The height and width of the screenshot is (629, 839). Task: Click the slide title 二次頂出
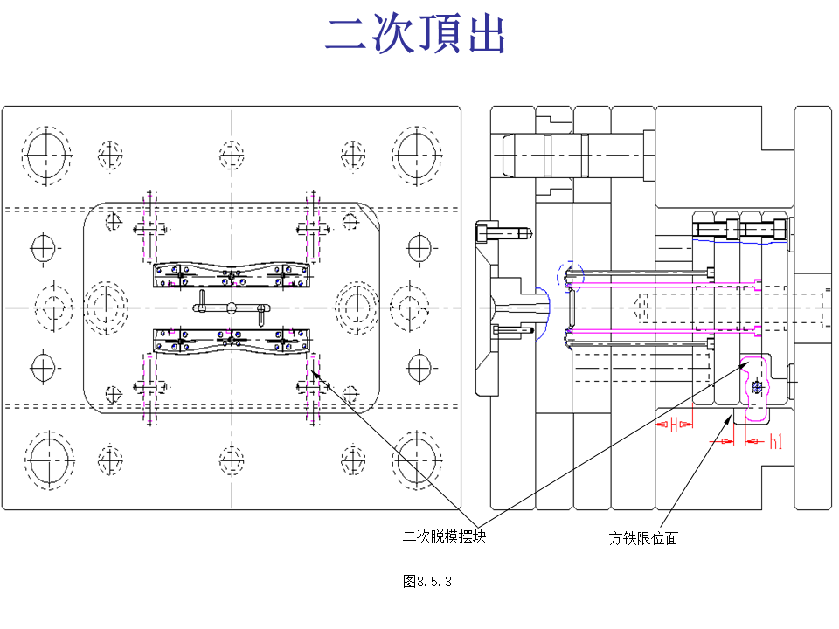pos(416,37)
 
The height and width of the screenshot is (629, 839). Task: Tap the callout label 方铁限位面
pos(643,539)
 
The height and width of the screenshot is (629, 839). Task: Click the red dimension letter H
pos(674,425)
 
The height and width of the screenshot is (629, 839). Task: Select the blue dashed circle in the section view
pos(568,275)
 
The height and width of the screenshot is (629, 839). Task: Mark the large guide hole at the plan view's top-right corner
pos(416,155)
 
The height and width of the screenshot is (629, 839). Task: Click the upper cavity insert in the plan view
pos(232,275)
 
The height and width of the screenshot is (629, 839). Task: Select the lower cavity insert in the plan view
pos(232,341)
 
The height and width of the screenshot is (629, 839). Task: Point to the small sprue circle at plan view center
pos(232,308)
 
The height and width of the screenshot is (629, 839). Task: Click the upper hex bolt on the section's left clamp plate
pos(501,233)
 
